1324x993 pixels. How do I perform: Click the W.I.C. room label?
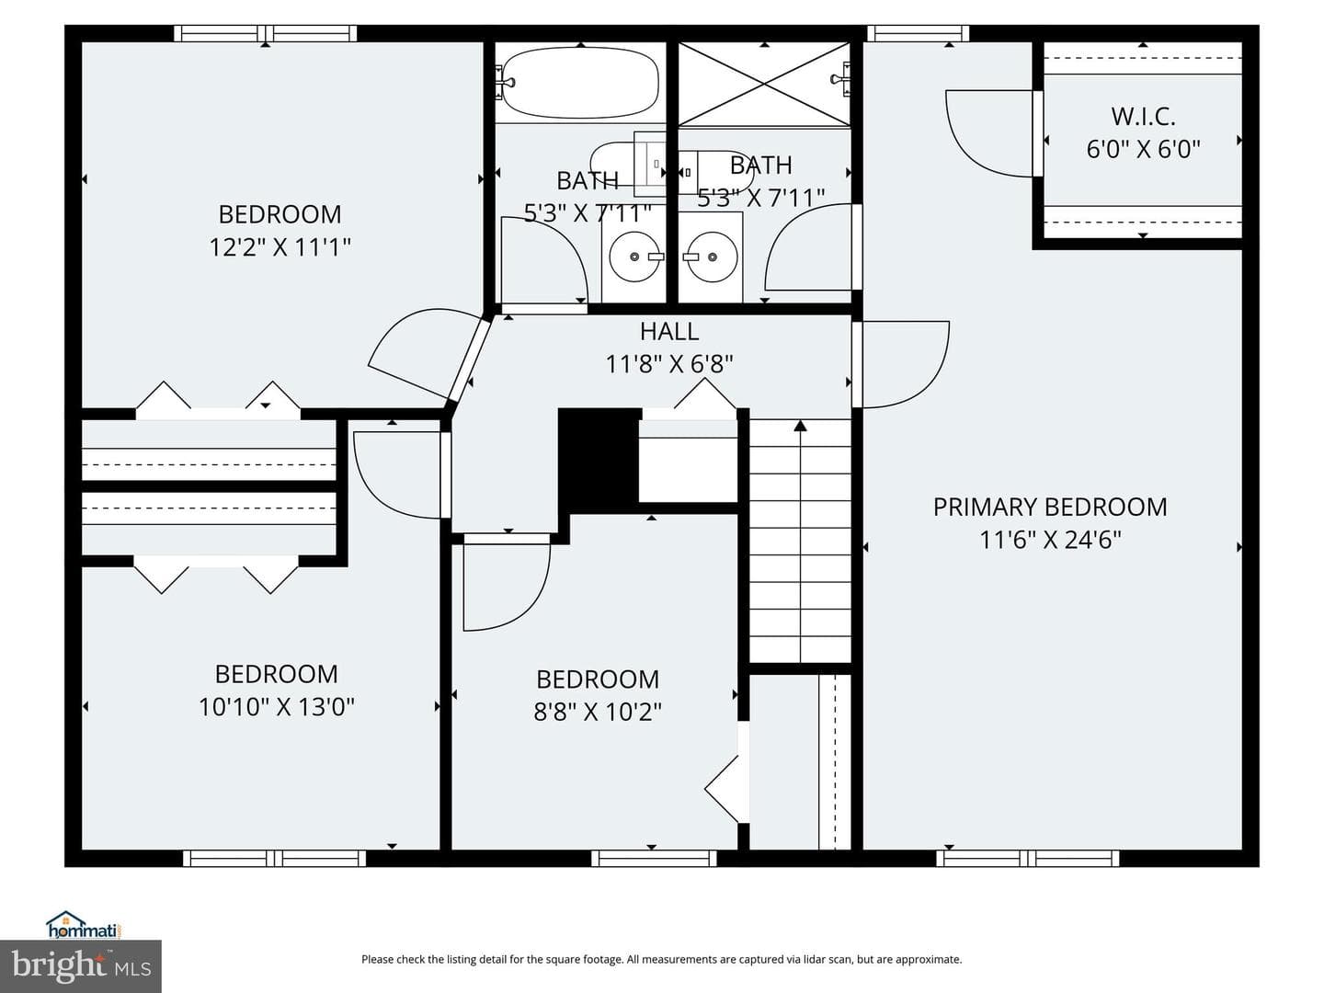coord(1143,117)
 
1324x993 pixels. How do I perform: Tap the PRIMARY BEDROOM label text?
coord(1050,507)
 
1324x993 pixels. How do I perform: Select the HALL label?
coord(669,331)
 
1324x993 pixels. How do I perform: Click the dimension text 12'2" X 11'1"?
coord(280,246)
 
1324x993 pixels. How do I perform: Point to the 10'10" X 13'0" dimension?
coord(276,707)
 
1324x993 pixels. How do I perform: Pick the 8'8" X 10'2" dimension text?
coord(597,712)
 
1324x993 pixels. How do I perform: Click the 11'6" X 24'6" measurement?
coord(1050,540)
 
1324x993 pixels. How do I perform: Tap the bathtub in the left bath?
coord(579,83)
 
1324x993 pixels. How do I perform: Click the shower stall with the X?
coord(764,84)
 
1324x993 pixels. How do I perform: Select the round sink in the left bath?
coord(633,257)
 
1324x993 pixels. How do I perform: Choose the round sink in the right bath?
coord(713,257)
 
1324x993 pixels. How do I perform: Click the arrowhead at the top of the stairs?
coord(801,426)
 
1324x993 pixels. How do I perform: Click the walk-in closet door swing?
coord(989,133)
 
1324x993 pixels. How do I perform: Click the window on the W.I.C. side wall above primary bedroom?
coord(918,34)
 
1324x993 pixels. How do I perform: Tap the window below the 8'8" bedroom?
coord(654,858)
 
